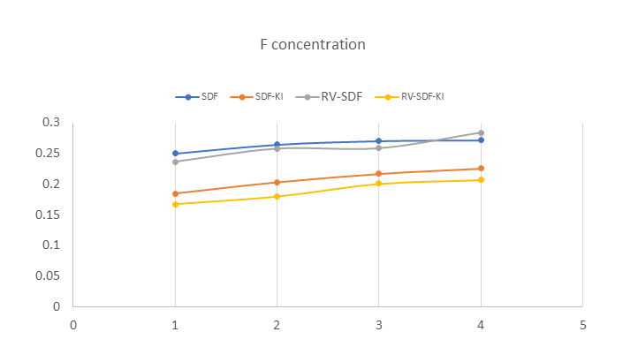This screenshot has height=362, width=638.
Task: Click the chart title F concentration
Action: [x=312, y=44]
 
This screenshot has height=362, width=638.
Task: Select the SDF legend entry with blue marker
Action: [x=204, y=97]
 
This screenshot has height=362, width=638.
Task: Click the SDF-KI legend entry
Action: [x=268, y=97]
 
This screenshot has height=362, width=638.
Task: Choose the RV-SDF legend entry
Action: [x=340, y=97]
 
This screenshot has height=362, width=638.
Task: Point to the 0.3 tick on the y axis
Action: [x=51, y=122]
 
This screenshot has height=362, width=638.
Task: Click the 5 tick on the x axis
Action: [x=582, y=325]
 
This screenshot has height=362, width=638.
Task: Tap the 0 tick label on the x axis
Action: [x=73, y=325]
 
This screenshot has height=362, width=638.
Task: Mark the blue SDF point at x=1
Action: [x=175, y=154]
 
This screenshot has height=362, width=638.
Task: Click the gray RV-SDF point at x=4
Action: [x=481, y=132]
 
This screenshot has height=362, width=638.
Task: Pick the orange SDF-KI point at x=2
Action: [x=277, y=183]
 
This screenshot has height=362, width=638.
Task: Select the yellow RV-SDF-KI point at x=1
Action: [x=175, y=204]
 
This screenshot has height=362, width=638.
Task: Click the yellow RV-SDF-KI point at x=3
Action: [x=378, y=184]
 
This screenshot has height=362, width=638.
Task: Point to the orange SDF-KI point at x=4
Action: [x=481, y=169]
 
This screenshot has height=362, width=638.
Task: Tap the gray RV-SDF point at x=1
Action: [x=175, y=162]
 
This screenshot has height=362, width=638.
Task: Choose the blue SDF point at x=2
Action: [x=277, y=145]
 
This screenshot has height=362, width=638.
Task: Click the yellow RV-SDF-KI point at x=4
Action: [x=481, y=180]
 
